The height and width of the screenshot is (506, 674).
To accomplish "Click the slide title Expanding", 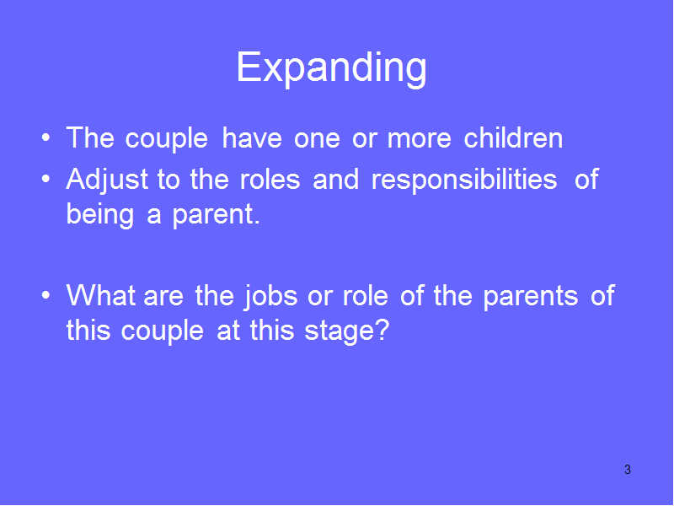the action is click(x=331, y=68).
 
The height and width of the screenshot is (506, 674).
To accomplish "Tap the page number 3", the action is click(x=628, y=470).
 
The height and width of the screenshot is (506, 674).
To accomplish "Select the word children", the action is click(x=513, y=137).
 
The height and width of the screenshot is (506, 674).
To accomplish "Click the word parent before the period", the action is click(x=213, y=216).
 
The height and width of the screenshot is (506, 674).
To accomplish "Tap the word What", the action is click(x=101, y=296).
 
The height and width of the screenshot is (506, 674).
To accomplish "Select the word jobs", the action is click(x=270, y=298).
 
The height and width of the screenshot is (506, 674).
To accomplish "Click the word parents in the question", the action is click(x=531, y=298).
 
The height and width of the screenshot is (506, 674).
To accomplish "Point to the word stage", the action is click(x=340, y=332).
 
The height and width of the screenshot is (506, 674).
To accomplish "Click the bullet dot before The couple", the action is click(x=46, y=138).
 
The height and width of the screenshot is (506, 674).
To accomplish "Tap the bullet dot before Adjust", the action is click(x=46, y=180).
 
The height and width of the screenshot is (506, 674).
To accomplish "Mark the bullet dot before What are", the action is click(x=46, y=296).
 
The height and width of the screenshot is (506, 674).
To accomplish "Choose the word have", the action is click(x=252, y=137).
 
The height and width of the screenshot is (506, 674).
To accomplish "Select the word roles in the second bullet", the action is click(x=270, y=179).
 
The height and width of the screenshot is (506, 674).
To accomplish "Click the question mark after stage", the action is click(x=382, y=329).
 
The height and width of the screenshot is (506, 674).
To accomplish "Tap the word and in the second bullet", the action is click(x=335, y=179).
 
